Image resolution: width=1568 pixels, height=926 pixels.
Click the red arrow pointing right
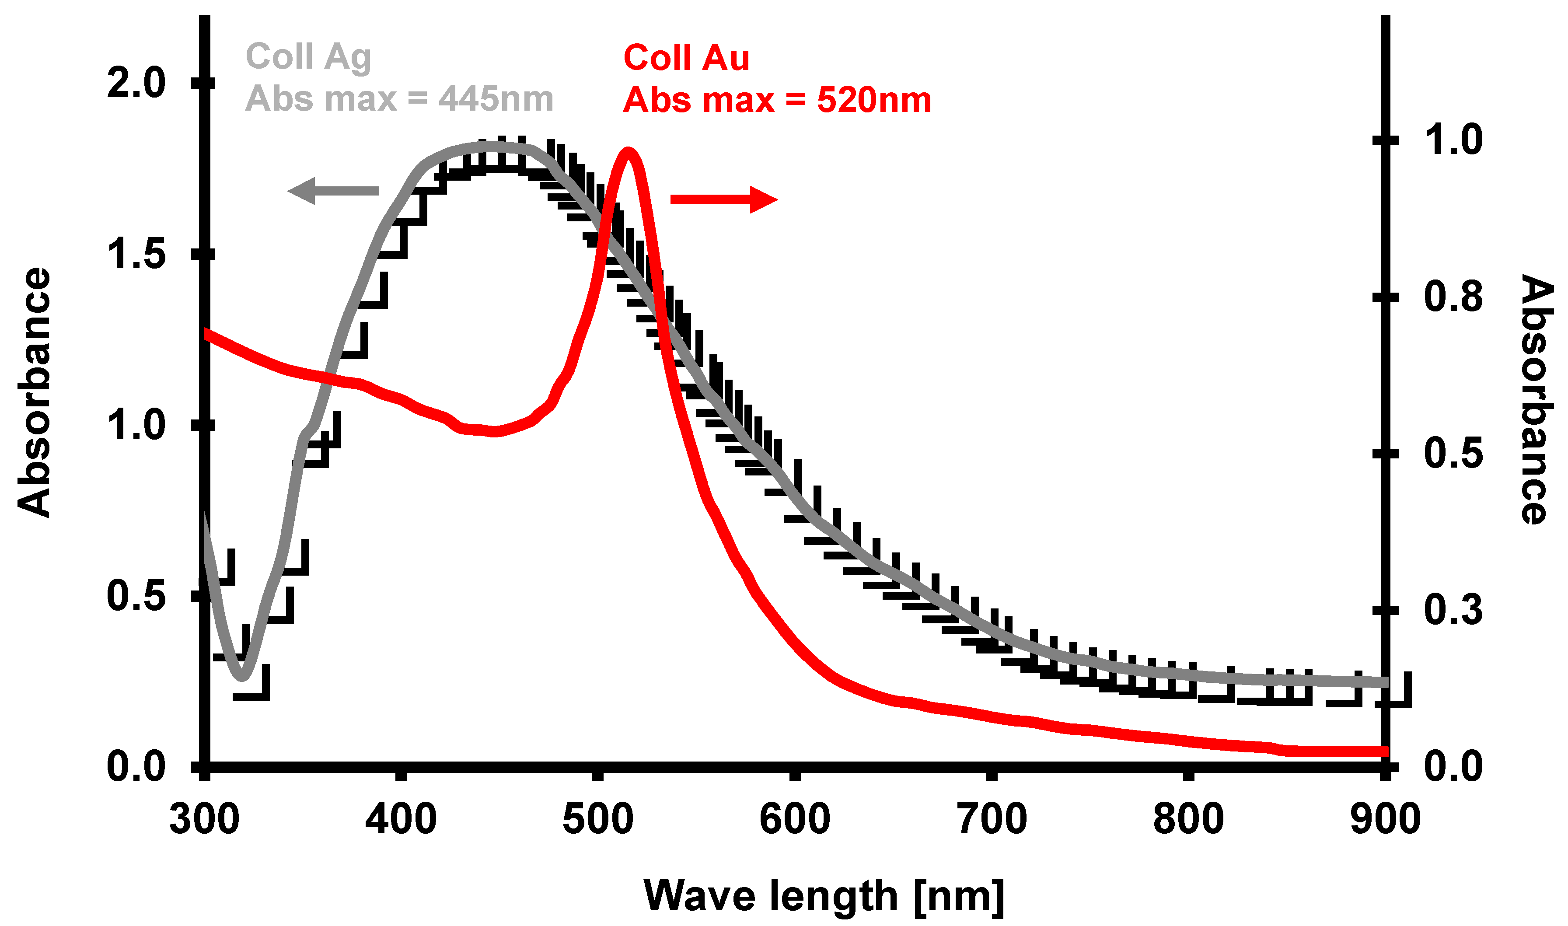[x=724, y=199]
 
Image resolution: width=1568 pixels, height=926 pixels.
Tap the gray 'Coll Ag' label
[x=308, y=57]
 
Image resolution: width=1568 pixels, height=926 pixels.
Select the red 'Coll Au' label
[x=686, y=58]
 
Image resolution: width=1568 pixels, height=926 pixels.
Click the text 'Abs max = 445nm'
[x=399, y=98]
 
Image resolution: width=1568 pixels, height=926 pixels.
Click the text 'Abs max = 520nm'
[x=777, y=100]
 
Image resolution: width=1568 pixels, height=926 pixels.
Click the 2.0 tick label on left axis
[x=136, y=83]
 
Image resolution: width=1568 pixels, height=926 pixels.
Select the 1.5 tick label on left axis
[x=136, y=254]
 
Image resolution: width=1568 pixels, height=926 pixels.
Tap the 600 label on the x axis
[x=794, y=819]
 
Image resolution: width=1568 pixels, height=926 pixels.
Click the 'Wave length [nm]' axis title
[x=824, y=897]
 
